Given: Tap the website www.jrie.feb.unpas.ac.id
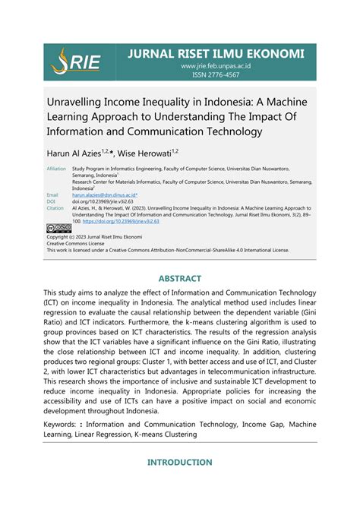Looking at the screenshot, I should [216, 66].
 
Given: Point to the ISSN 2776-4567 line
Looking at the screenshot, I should [216, 76].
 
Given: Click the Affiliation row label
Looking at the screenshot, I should [56, 169].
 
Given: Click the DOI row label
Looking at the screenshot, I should [51, 201].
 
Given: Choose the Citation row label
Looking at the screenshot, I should [55, 207].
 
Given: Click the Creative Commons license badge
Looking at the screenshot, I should [58, 226].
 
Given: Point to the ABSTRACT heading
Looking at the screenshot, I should [179, 277].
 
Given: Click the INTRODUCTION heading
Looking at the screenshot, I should [179, 462].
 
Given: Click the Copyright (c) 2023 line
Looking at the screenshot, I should [95, 236].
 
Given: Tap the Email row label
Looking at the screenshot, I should [52, 195].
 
